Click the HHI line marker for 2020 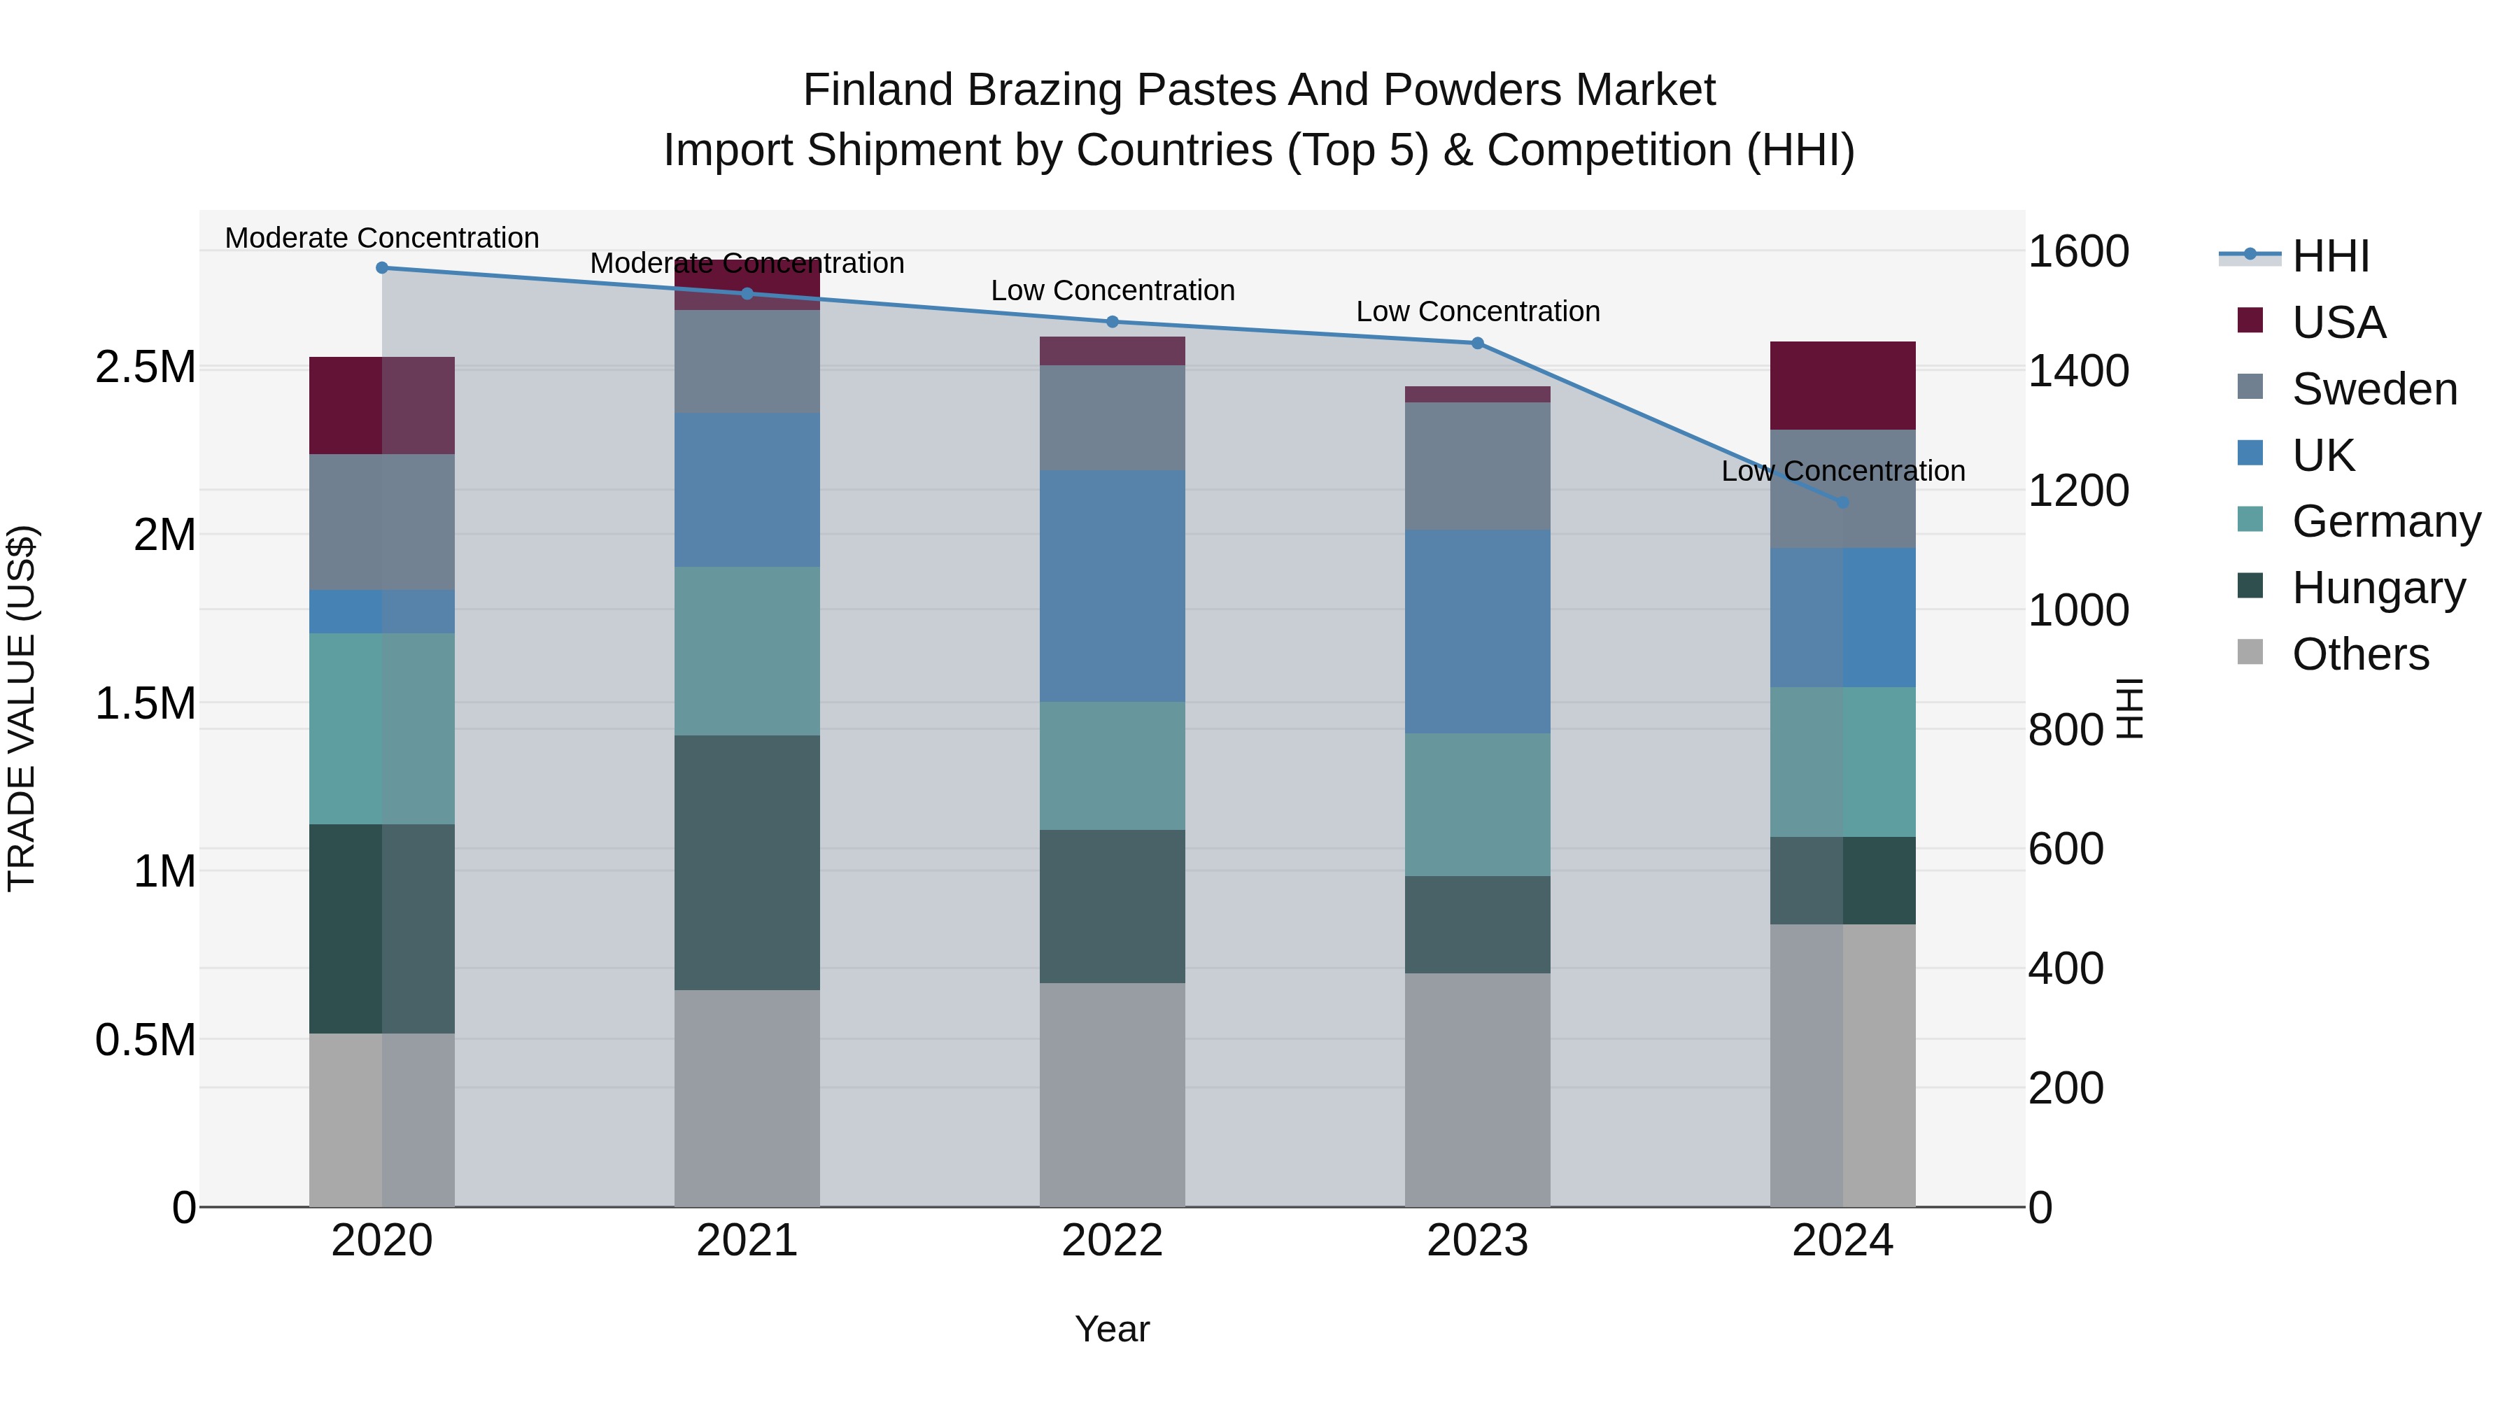pos(382,268)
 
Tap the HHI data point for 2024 pos(1842,502)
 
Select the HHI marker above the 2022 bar pos(1112,322)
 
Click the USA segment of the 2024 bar pos(1842,386)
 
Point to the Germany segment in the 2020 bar pos(382,728)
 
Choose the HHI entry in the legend pos(2329,256)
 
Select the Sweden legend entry pos(2373,389)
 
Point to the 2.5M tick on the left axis pos(145,367)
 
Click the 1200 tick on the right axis pos(2078,491)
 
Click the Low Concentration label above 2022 pos(1112,290)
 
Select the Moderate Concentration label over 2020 pos(382,238)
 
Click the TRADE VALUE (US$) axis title pos(22,708)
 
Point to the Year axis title pos(1112,1329)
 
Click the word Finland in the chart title pos(877,90)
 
